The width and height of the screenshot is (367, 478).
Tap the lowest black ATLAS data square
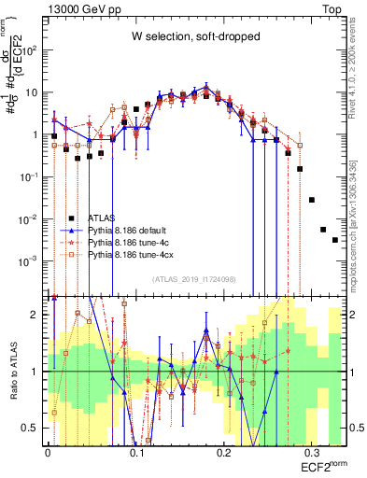coord(334,240)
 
